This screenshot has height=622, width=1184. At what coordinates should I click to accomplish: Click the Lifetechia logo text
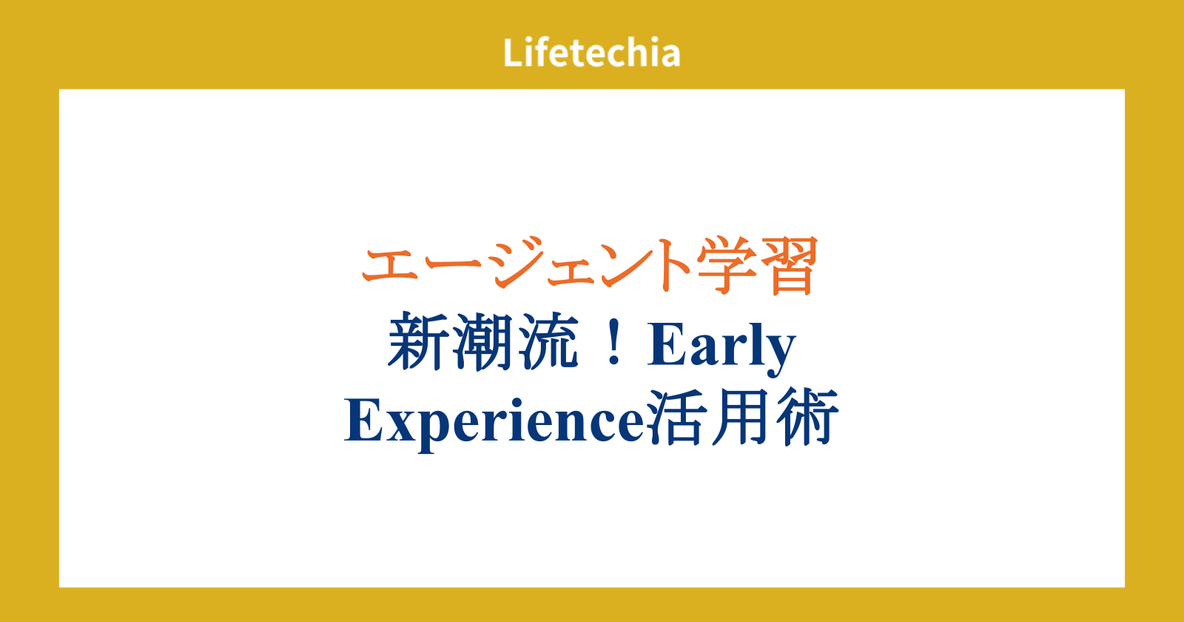pyautogui.click(x=591, y=53)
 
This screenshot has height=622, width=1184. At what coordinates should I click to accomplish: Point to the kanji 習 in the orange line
pyautogui.click(x=789, y=266)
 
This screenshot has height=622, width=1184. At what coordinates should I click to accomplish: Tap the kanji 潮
pyautogui.click(x=482, y=342)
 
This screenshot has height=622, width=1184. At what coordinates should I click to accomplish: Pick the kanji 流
pyautogui.click(x=548, y=342)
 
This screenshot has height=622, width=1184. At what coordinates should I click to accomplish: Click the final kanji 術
pyautogui.click(x=807, y=418)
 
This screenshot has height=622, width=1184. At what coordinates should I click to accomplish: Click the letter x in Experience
pyautogui.click(x=400, y=427)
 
